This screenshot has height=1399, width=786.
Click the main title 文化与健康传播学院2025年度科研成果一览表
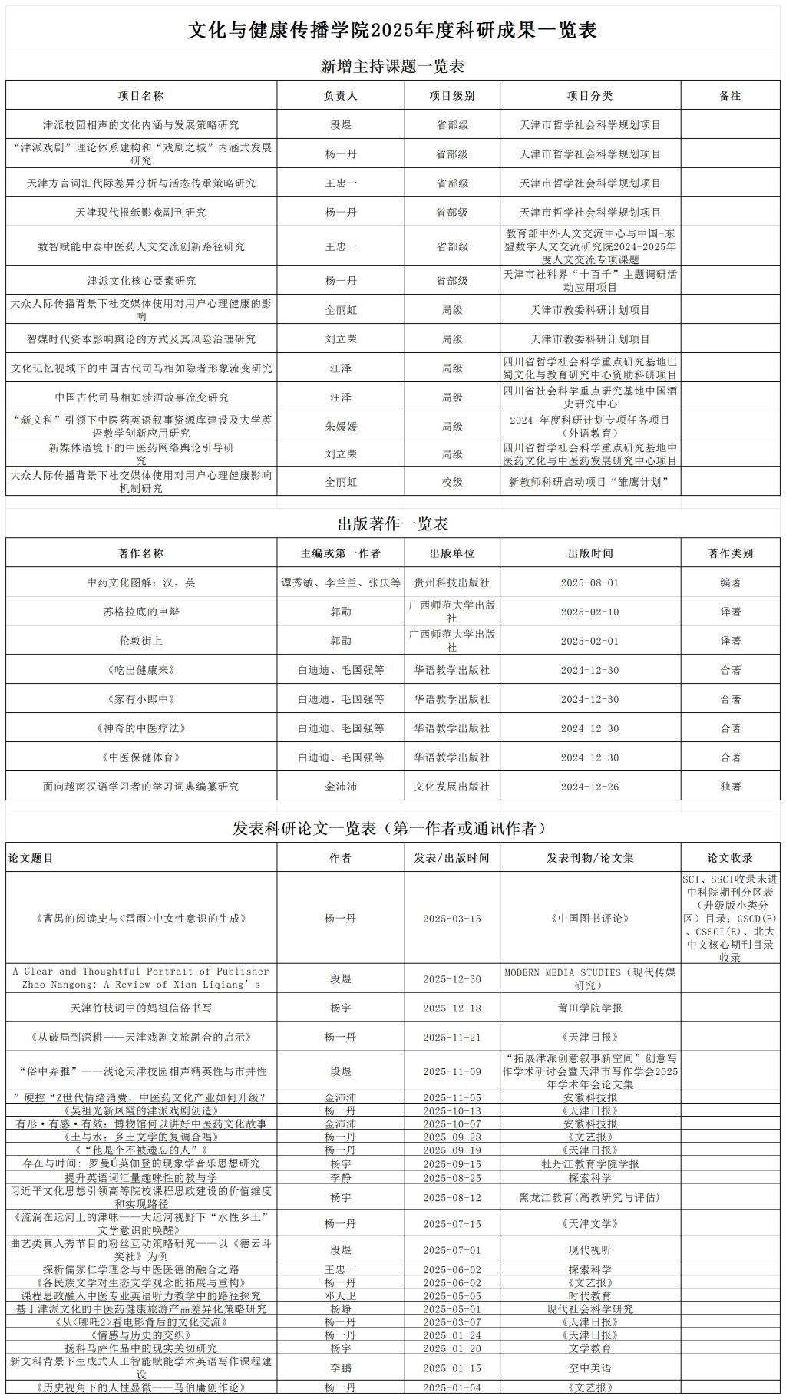pos(392,30)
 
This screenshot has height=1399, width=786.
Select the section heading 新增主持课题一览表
pos(392,67)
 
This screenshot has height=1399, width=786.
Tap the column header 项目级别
pos(451,96)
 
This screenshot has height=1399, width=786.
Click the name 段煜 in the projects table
pos(340,125)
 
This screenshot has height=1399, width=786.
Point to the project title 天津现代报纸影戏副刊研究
pos(140,213)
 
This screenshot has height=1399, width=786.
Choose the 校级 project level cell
pos(451,482)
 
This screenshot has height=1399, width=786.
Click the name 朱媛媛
pos(340,427)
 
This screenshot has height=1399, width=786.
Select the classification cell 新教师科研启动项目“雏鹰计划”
pos(589,482)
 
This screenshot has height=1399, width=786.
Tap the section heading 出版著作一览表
pos(392,524)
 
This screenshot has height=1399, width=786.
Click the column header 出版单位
pos(451,553)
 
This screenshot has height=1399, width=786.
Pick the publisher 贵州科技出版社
pos(451,582)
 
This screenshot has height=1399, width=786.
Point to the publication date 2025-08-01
pos(589,582)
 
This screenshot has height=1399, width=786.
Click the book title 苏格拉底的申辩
pos(140,612)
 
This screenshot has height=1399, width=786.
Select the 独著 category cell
pos(730,787)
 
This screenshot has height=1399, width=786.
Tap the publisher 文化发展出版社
pos(451,787)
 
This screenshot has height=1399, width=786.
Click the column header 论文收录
pos(730,858)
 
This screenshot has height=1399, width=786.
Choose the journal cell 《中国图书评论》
pos(589,919)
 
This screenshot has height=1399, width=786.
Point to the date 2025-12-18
pos(451,1008)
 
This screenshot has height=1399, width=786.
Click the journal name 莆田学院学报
pos(589,1008)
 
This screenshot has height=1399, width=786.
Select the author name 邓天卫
pos(340,1295)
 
